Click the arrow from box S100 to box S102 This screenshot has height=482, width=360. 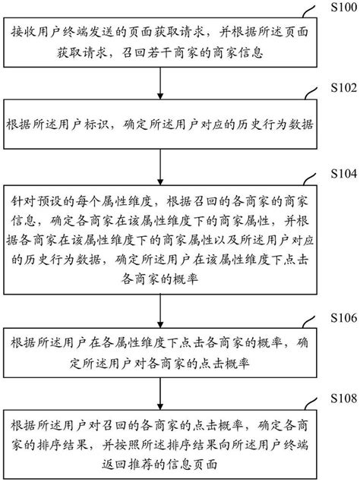click(159, 79)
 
